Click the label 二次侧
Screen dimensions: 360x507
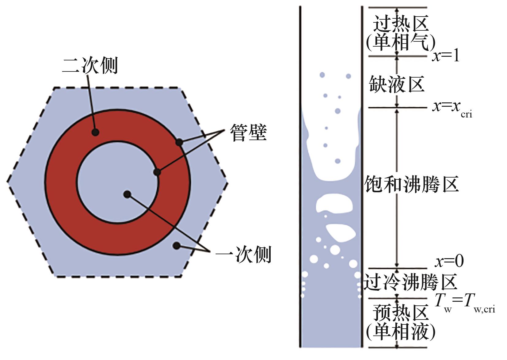coord(90,65)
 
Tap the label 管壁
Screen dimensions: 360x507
coord(249,133)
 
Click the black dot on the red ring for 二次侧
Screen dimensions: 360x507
coord(95,132)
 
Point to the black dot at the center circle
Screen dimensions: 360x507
coord(127,194)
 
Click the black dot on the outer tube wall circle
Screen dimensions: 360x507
coord(179,142)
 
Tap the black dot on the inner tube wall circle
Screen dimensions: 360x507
coord(157,172)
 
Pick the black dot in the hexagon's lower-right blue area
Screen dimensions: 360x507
coord(176,245)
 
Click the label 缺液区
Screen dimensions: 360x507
coord(396,84)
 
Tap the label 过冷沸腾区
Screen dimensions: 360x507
coord(410,282)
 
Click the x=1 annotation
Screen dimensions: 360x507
coord(446,56)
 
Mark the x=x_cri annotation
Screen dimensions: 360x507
coord(452,108)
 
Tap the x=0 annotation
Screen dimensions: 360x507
coord(449,261)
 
